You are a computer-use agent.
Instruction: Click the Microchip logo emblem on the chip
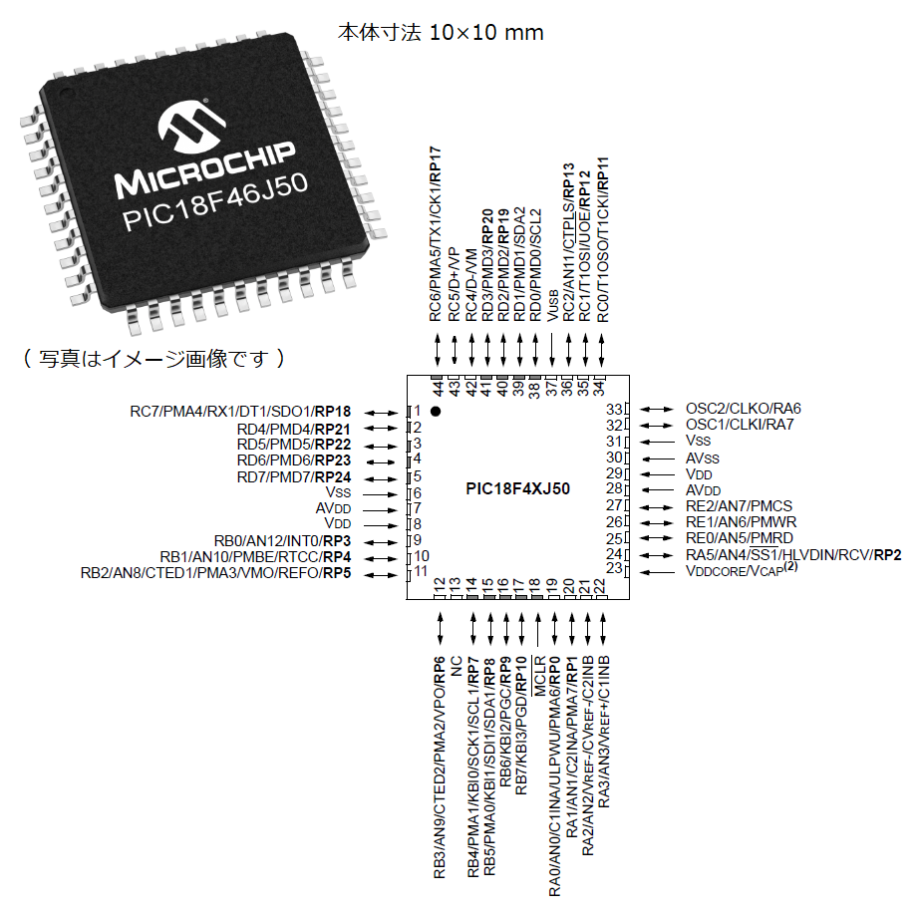point(191,128)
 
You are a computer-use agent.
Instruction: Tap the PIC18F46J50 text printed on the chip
point(214,202)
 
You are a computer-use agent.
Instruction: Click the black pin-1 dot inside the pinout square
point(436,411)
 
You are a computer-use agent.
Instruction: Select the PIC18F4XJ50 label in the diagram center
point(517,488)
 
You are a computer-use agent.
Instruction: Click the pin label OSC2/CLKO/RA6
point(744,409)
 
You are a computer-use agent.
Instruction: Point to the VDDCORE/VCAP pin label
point(742,569)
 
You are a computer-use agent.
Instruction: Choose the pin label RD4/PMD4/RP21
point(294,429)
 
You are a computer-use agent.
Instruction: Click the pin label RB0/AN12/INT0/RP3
point(282,541)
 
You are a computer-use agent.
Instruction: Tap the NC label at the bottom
point(457,666)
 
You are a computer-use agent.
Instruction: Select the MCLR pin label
point(539,676)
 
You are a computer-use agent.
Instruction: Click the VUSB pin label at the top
point(552,305)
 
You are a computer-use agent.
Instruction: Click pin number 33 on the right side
point(614,409)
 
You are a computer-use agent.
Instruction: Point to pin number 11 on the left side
point(421,571)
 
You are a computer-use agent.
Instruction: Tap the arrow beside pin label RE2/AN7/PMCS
point(657,507)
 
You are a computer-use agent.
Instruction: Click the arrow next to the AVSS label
point(658,459)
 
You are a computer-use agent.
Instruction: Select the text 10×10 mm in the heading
point(486,32)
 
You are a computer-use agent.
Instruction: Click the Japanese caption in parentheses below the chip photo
point(153,358)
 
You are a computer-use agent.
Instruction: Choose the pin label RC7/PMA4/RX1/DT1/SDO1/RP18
point(240,412)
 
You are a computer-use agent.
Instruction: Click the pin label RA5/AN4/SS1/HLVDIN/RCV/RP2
point(793,554)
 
